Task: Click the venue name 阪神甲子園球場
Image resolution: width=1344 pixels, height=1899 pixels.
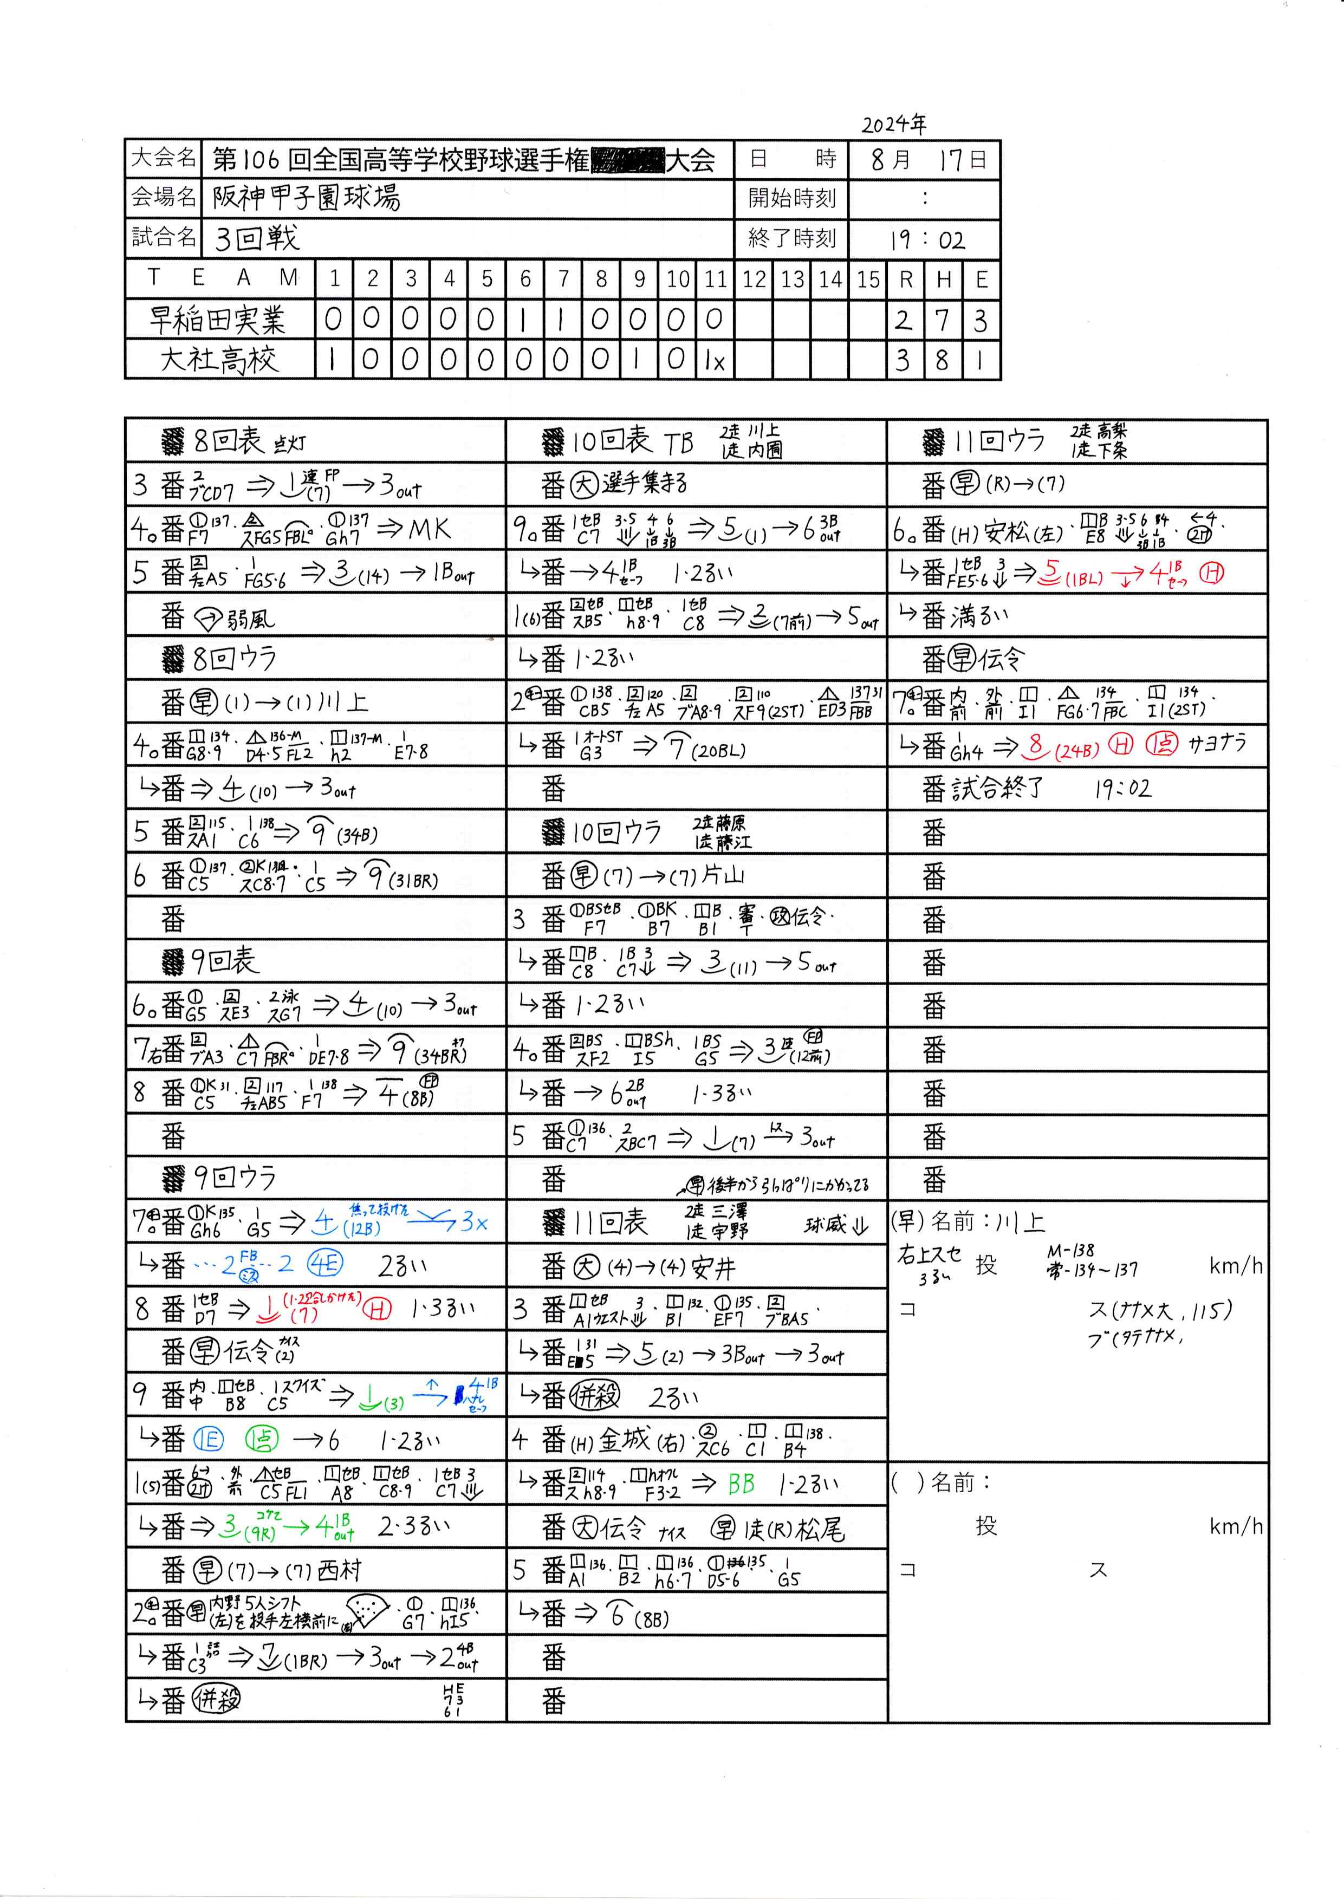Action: coord(306,197)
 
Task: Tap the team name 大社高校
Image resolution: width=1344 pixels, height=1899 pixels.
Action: coord(219,360)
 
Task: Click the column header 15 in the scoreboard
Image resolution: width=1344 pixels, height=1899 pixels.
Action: coord(867,279)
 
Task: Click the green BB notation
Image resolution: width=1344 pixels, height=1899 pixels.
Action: coord(741,1485)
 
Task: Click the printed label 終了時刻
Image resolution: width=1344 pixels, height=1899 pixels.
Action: coord(791,238)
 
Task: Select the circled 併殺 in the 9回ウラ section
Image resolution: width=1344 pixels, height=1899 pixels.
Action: coord(216,1700)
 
